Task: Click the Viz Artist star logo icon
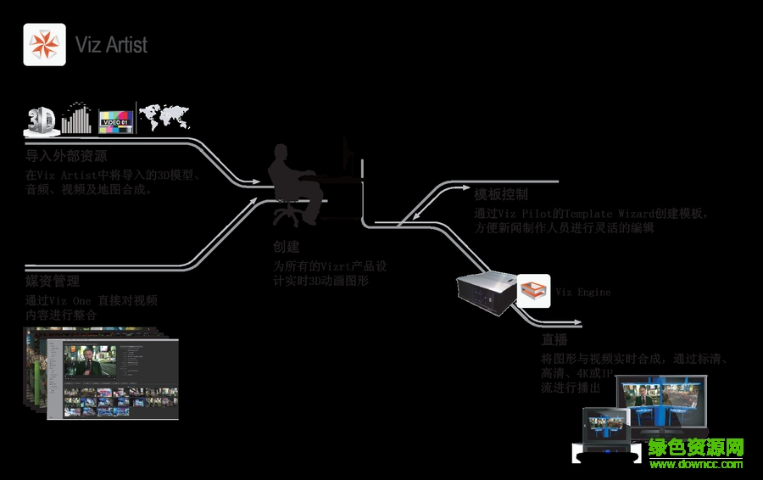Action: click(x=44, y=44)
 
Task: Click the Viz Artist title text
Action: click(x=111, y=44)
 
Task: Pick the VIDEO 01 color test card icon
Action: click(x=116, y=121)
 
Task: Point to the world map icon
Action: click(x=164, y=117)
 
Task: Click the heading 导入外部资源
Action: click(x=66, y=157)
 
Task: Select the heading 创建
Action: click(x=287, y=247)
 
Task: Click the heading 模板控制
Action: click(x=501, y=194)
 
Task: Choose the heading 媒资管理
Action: click(x=53, y=281)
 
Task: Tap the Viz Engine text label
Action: click(x=582, y=293)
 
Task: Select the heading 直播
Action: click(x=554, y=339)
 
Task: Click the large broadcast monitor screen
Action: click(x=664, y=404)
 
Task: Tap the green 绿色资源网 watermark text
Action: click(x=695, y=447)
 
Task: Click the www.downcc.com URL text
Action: click(x=695, y=464)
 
